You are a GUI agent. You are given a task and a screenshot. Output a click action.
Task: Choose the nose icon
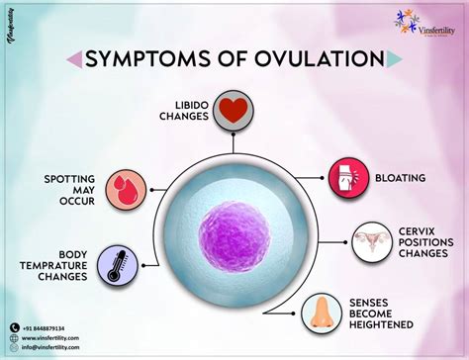322,311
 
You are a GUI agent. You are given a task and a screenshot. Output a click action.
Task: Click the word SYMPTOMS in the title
151,59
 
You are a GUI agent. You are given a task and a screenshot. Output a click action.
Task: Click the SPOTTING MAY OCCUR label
68,190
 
